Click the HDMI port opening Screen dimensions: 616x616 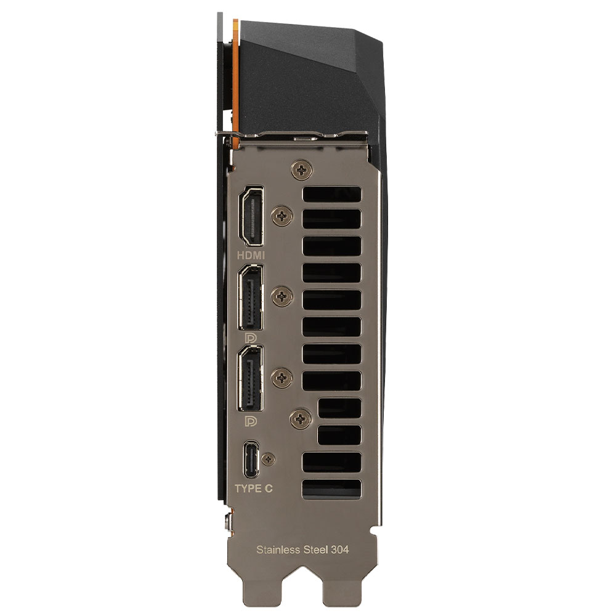coord(252,216)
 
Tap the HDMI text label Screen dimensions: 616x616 coord(251,256)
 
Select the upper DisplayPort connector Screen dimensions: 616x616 coord(251,298)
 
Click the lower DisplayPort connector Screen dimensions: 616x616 coord(251,379)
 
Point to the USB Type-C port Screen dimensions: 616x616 coord(251,458)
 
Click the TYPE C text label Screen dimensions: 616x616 coord(253,488)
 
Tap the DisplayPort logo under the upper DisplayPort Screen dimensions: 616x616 coord(251,338)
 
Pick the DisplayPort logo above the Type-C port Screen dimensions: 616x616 coord(251,421)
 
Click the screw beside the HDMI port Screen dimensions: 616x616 coord(282,215)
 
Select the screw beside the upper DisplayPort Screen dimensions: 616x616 coord(282,296)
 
